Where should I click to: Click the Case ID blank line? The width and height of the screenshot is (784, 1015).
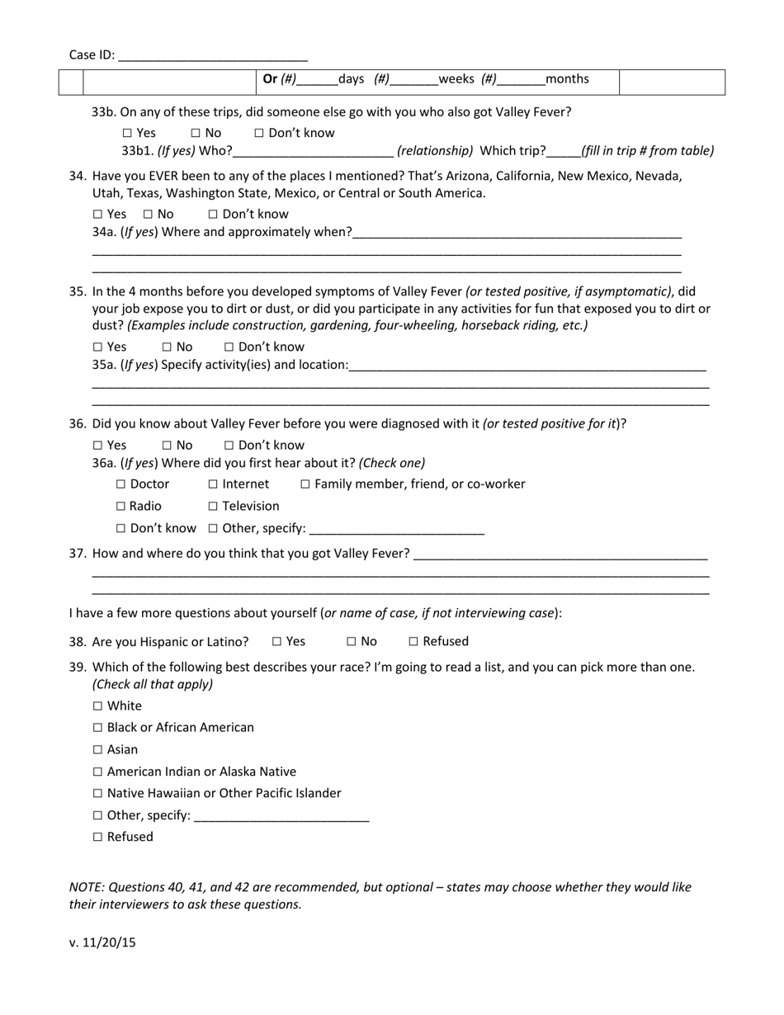[213, 57]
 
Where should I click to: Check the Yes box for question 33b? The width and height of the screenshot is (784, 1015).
[127, 133]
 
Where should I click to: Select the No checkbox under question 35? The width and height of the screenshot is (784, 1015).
[167, 347]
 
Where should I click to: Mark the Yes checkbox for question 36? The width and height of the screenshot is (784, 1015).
[98, 446]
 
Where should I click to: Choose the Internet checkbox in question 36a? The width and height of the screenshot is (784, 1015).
[213, 484]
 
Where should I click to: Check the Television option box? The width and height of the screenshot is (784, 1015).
[213, 507]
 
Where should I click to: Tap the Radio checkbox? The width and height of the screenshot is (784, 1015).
[121, 507]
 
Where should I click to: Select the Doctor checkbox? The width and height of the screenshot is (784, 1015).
[121, 484]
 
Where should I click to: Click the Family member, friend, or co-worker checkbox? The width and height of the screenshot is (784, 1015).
[305, 484]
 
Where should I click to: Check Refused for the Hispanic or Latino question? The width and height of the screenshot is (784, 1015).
[413, 642]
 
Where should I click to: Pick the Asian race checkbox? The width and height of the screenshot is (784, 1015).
[98, 750]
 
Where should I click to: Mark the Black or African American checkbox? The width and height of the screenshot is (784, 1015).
[98, 728]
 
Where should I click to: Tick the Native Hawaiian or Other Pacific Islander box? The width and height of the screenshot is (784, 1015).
[98, 794]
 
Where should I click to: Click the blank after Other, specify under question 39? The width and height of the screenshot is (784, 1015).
[281, 816]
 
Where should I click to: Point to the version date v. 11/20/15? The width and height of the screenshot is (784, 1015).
[102, 942]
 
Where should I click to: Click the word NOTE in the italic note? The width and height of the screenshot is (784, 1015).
[87, 888]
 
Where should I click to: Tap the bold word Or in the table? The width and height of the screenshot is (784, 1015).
[270, 79]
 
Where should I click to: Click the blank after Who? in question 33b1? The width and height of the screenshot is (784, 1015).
[313, 151]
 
